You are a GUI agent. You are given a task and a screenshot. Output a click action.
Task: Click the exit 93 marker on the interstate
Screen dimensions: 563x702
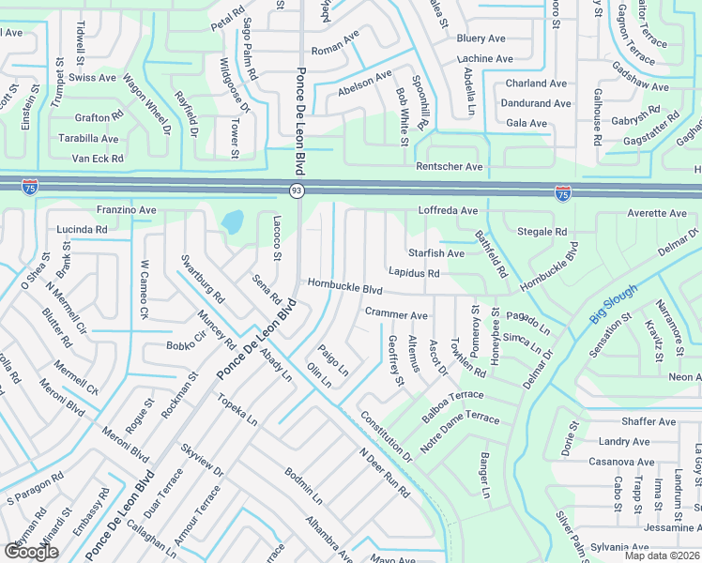point(297,190)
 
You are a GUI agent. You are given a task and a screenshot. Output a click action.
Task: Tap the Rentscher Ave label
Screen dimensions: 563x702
point(450,167)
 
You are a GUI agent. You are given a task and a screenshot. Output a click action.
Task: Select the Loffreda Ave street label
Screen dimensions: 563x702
point(448,211)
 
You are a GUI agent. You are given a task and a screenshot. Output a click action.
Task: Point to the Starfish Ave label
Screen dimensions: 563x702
point(436,253)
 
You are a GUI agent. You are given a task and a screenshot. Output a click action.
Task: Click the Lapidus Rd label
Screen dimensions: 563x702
point(415,273)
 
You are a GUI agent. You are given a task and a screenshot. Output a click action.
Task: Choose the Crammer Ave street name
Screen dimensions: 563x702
point(396,315)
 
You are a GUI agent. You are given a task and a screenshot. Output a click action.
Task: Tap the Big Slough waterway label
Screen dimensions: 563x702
point(613,305)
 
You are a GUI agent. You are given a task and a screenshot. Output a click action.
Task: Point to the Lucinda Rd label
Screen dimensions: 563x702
point(83,229)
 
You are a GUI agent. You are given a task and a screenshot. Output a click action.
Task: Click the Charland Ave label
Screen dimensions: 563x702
point(538,83)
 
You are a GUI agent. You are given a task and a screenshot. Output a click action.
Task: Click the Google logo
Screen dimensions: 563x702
point(32,551)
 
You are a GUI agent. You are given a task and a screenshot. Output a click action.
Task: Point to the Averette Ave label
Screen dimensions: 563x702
point(657,214)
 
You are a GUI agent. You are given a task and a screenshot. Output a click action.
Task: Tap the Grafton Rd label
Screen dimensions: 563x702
point(99,117)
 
